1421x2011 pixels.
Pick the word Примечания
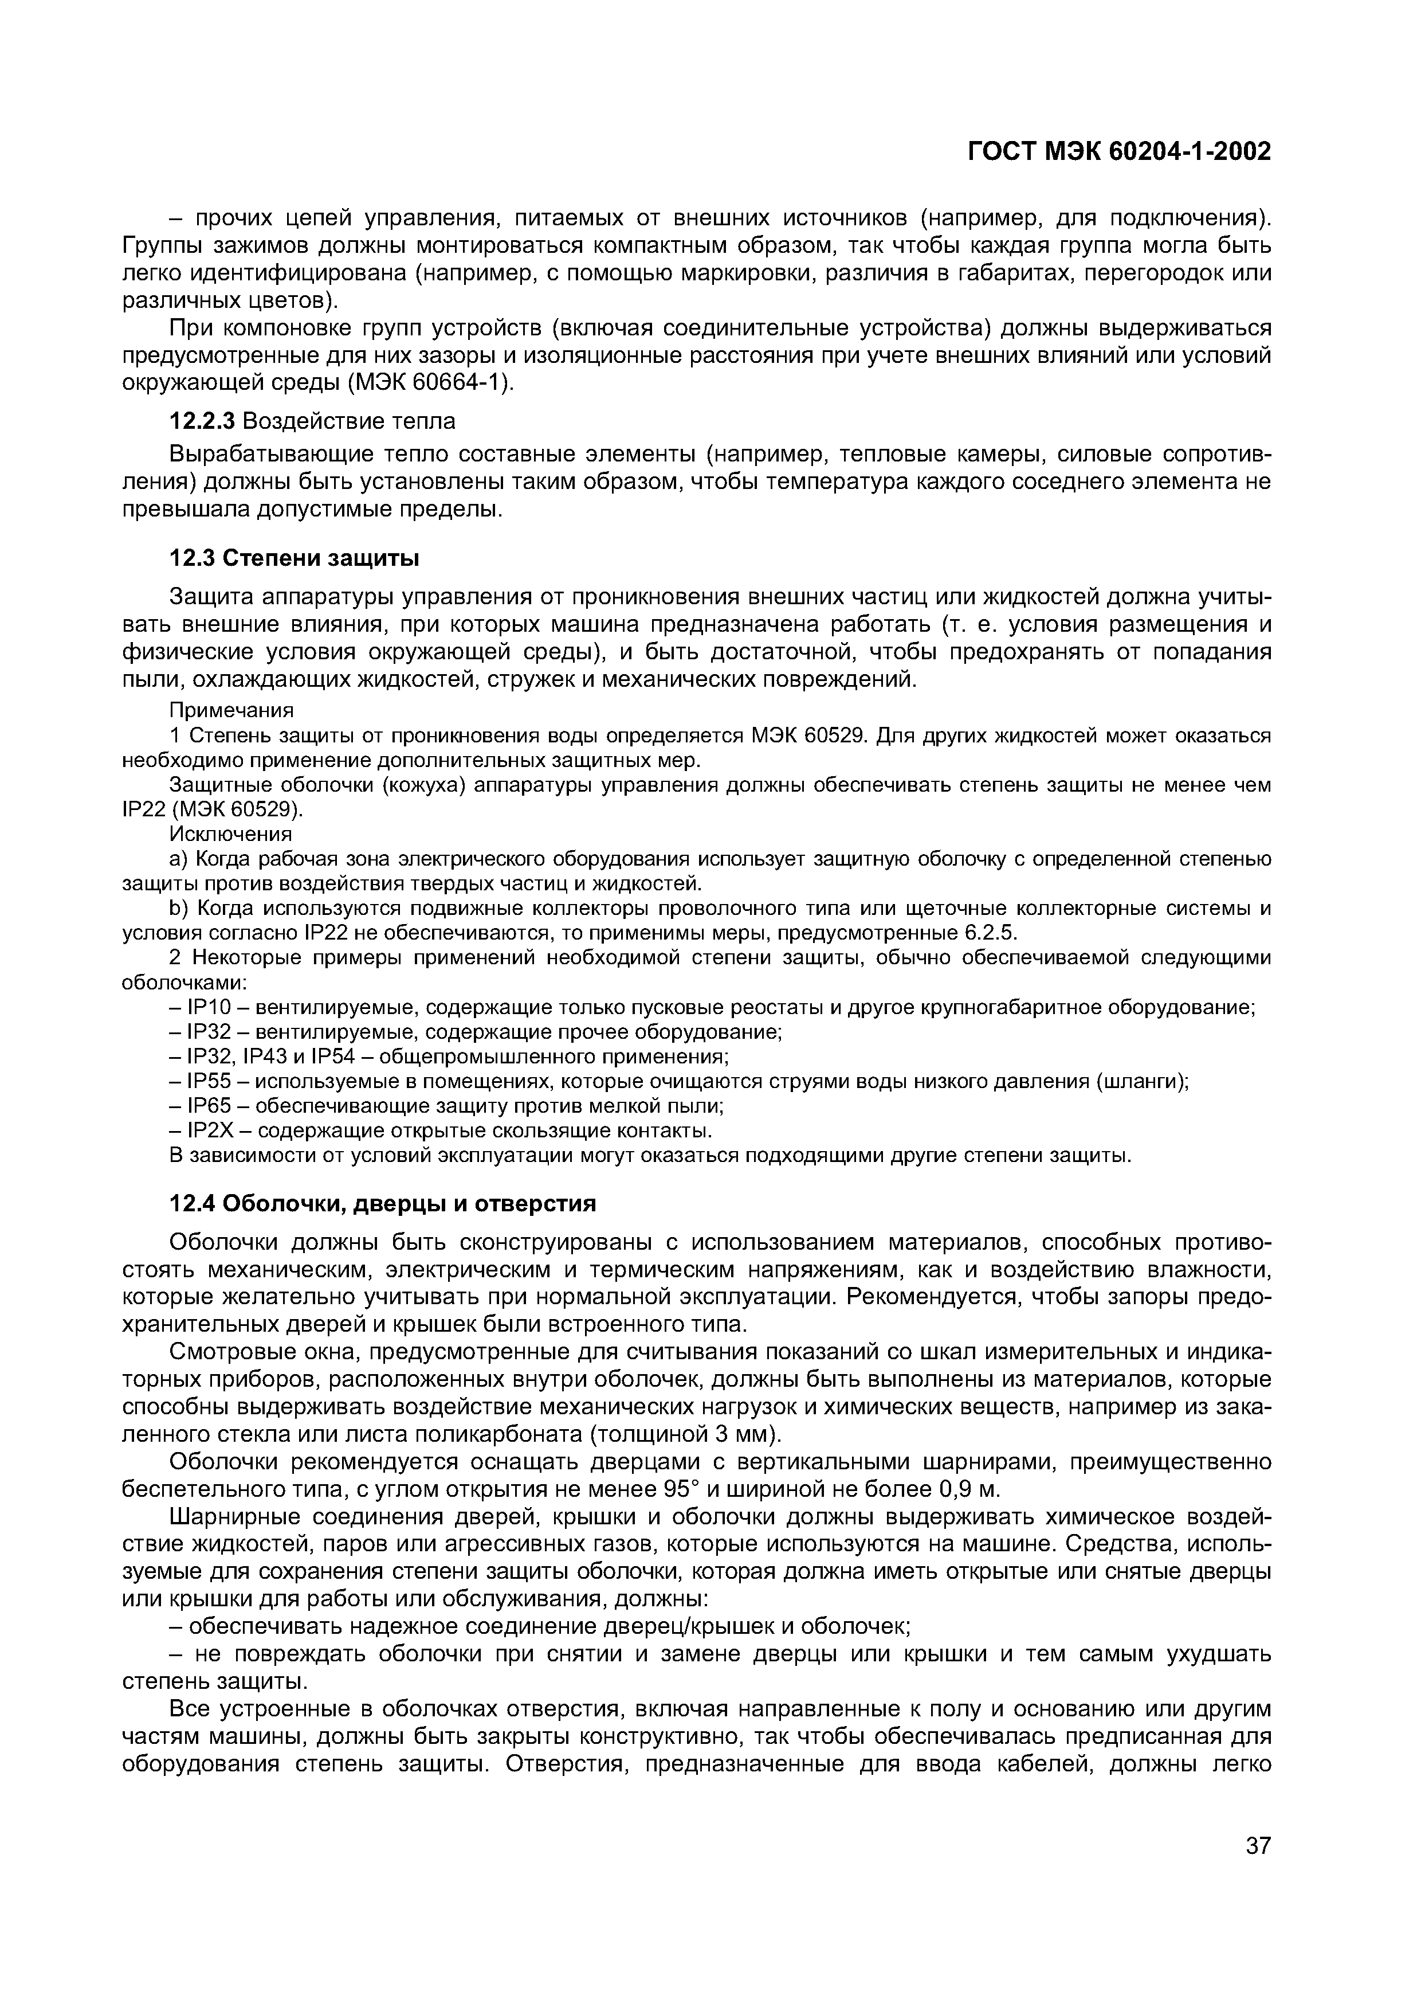pos(231,709)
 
